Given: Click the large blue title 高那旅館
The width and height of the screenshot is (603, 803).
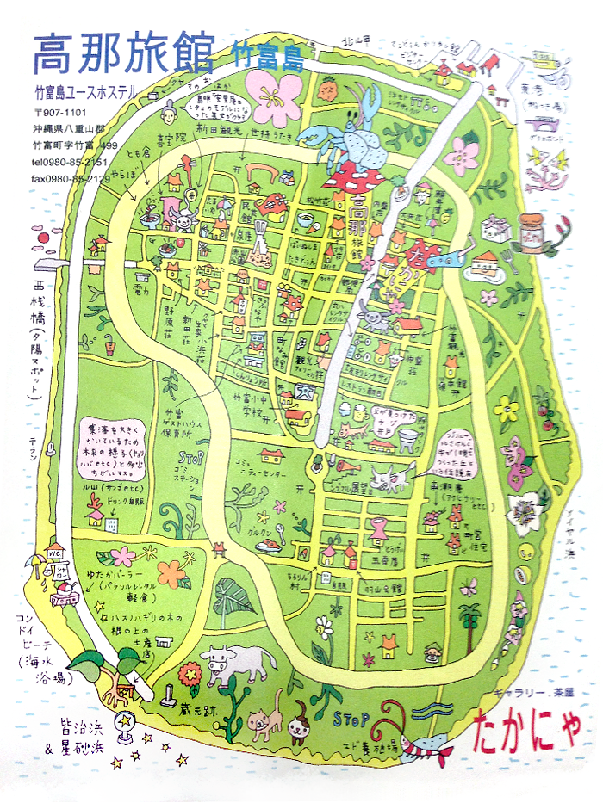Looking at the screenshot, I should [122, 53].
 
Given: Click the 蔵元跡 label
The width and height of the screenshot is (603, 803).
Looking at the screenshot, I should [174, 711].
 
